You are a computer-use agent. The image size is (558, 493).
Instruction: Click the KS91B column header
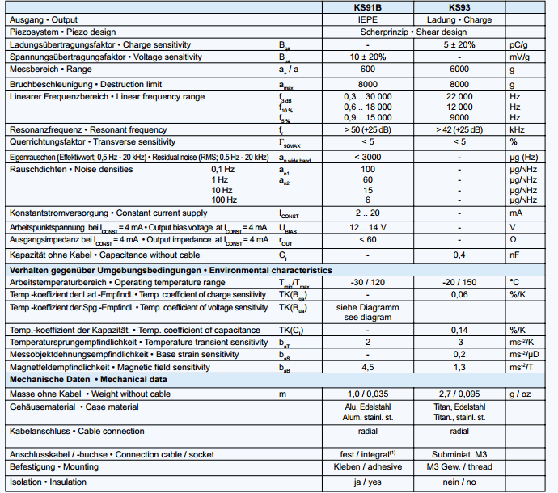point(368,7)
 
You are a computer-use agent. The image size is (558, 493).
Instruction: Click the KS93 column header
point(459,7)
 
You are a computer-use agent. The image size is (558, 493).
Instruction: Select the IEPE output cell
point(368,19)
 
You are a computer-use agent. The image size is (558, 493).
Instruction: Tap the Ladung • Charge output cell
point(459,19)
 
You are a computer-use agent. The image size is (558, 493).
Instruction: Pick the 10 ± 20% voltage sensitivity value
point(368,57)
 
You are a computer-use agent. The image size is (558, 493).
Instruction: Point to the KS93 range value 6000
point(459,70)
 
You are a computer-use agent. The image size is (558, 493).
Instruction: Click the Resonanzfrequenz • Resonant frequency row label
point(88,129)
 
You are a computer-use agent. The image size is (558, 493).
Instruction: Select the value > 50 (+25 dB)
point(368,129)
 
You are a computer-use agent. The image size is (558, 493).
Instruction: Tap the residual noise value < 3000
point(368,156)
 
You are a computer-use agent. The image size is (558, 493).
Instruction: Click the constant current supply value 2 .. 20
point(368,213)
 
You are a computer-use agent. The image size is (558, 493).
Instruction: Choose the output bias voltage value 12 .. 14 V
point(368,226)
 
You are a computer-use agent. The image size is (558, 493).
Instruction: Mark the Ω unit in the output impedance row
point(513,240)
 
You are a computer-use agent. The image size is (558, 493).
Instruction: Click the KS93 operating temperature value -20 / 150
point(459,282)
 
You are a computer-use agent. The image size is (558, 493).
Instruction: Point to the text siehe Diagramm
point(368,308)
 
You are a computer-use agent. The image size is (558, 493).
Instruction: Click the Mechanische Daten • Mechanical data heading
point(87,379)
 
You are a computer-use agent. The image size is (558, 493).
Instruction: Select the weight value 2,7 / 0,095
point(459,394)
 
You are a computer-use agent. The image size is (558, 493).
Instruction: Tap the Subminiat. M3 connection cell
point(459,454)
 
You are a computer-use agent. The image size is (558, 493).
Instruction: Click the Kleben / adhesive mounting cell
point(368,467)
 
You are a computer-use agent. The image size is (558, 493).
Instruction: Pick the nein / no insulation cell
point(459,482)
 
